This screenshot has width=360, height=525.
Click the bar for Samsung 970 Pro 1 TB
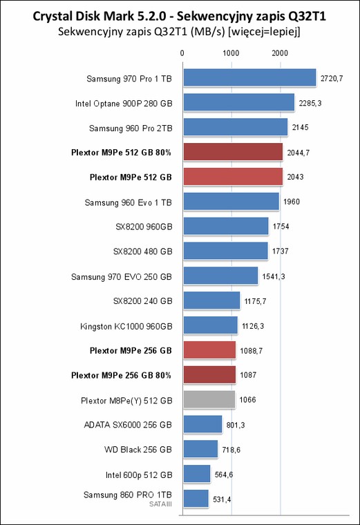point(249,77)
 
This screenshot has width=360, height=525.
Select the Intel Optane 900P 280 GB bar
point(239,102)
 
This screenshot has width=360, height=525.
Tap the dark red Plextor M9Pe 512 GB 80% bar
point(233,152)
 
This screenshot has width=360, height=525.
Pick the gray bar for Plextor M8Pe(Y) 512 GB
point(209,399)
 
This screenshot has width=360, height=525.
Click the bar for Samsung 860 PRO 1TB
point(196,499)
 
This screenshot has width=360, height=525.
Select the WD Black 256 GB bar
point(200,449)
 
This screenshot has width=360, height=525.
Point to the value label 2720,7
point(332,78)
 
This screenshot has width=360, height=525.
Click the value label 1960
point(292,202)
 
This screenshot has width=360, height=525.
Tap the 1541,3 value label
point(274,276)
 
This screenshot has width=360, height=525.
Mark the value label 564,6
point(224,475)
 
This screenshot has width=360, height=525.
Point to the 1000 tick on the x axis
point(231,53)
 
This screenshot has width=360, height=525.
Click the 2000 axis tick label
point(280,53)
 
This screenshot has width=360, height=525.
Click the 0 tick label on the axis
point(182,53)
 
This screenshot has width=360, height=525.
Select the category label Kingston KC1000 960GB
point(126,327)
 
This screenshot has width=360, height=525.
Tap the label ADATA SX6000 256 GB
point(128,425)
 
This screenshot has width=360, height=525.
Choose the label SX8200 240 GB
point(142,301)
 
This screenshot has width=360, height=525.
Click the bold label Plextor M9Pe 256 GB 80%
point(121,375)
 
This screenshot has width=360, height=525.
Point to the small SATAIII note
point(161,504)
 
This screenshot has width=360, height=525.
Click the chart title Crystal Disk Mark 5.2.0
point(102,17)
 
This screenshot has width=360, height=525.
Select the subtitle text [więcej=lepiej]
point(264,32)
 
